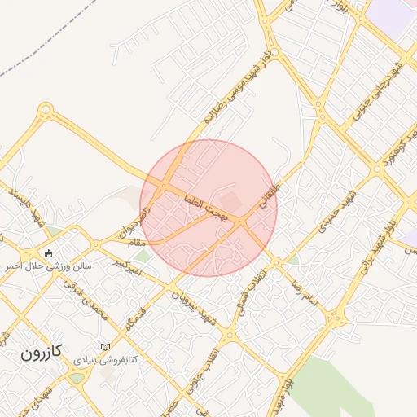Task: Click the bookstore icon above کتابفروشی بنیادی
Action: [104, 347]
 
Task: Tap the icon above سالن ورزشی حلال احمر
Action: [48, 252]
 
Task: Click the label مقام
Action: [131, 242]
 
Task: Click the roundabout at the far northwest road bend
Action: [46, 108]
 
